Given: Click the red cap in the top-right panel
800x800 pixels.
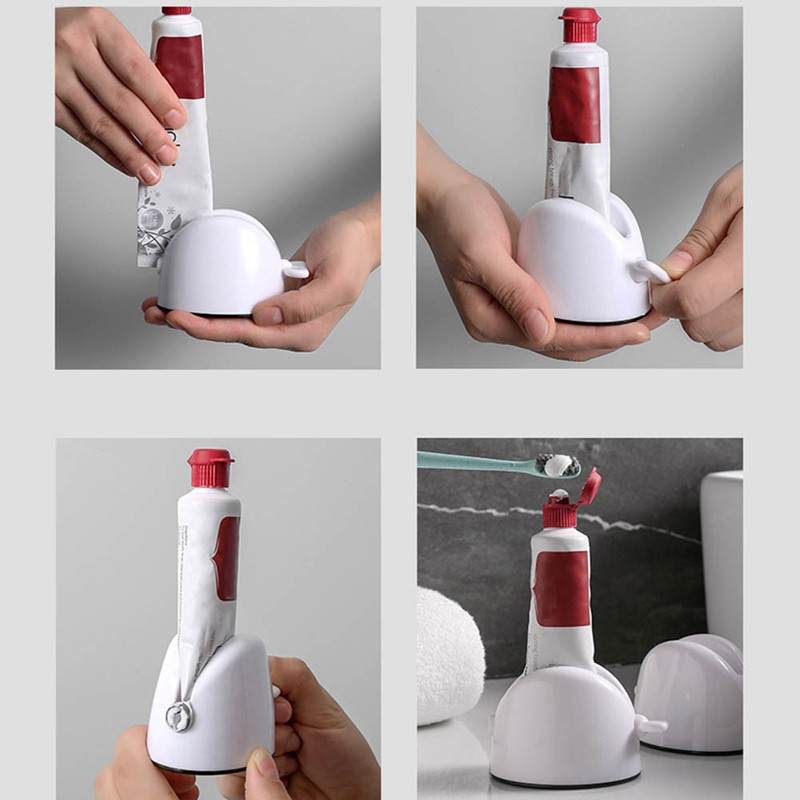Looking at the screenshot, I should point(580,25).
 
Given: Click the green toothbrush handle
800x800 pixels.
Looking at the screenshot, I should point(470,461).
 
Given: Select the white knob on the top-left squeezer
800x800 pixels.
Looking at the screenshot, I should point(295,268).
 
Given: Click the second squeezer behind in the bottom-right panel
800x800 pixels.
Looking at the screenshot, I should point(690,690).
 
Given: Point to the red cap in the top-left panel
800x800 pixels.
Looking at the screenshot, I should point(176,10).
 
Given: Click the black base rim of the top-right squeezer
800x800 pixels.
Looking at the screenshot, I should point(600,320).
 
